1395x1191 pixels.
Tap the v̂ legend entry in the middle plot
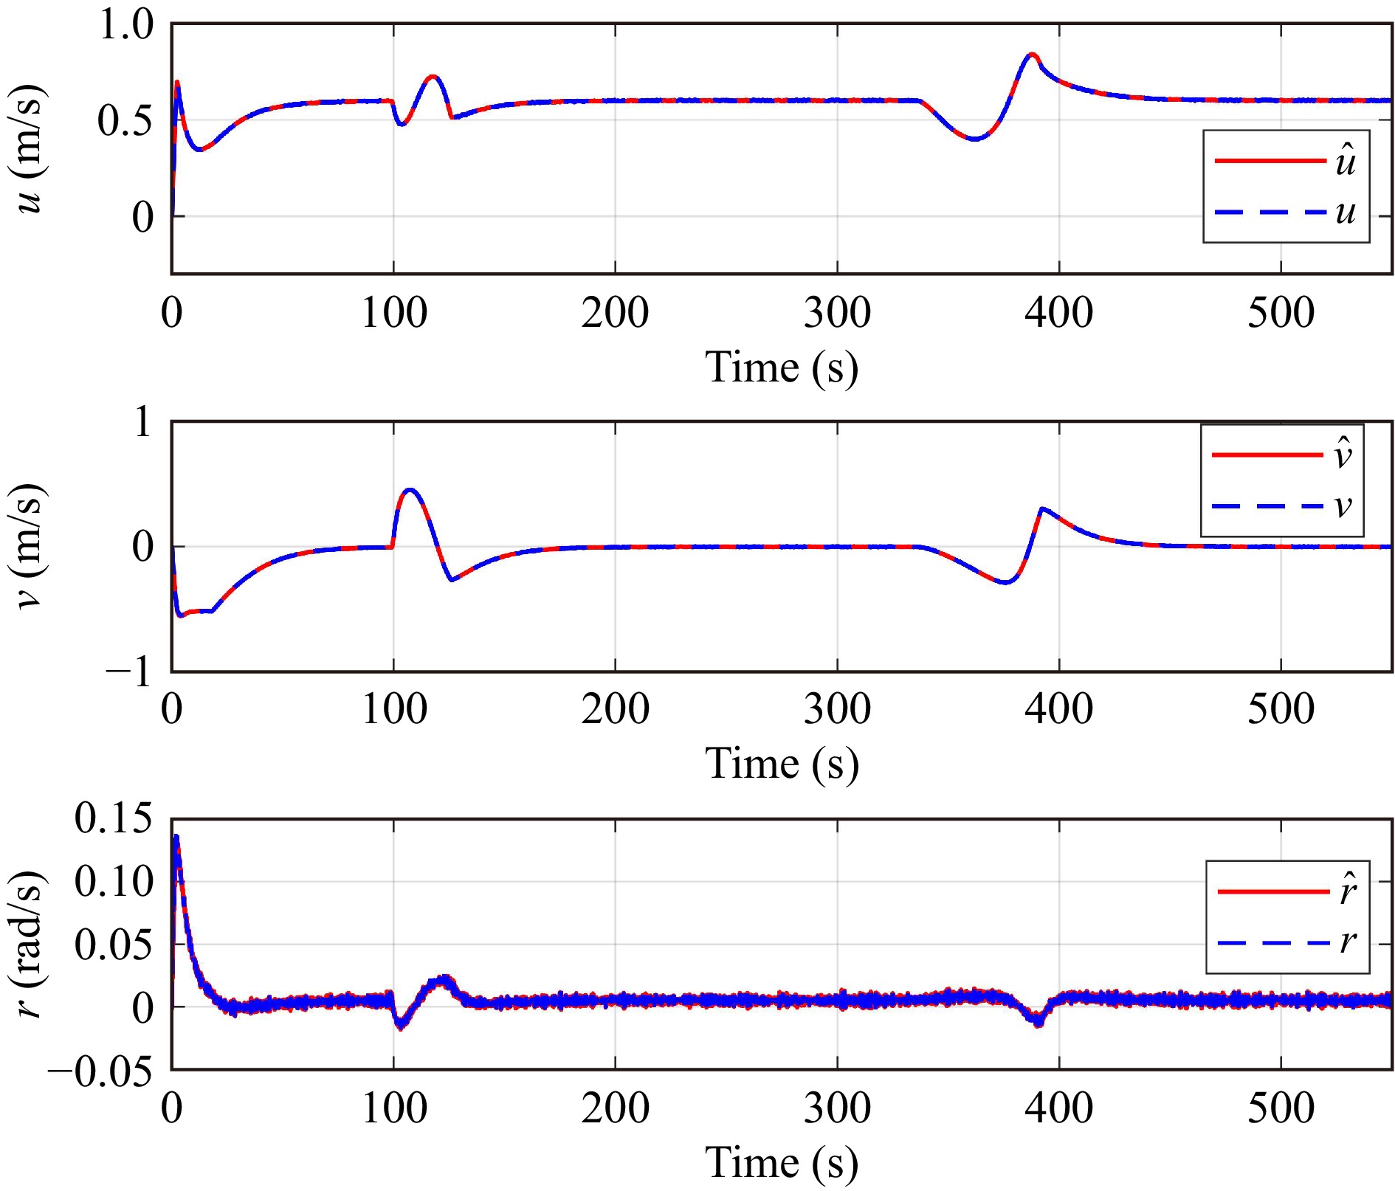pos(1281,455)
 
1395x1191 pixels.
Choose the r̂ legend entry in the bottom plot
pos(1287,891)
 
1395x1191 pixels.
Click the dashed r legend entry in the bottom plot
pos(1287,942)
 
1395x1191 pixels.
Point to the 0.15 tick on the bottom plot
pos(114,819)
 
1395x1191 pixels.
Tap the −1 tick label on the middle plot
pos(129,672)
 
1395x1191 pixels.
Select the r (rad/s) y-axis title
pos(30,945)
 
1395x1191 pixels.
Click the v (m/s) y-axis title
pos(30,546)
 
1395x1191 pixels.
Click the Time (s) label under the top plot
pos(782,367)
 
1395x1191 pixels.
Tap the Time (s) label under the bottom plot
pos(782,1162)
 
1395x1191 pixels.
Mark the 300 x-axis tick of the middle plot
pos(837,709)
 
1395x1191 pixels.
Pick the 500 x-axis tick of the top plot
pos(1281,312)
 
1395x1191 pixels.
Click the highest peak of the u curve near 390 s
pos(1032,55)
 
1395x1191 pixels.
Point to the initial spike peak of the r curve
pos(176,837)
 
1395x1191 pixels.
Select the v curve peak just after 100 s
pos(410,489)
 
